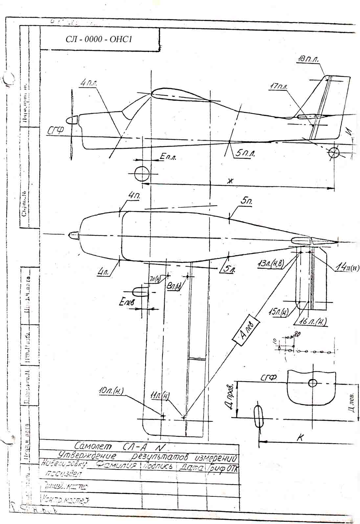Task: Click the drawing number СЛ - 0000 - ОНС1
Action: point(99,39)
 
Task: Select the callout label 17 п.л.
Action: point(279,87)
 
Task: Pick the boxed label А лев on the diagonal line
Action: point(246,333)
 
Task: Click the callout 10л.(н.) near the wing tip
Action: point(111,392)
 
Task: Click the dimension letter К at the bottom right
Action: point(300,437)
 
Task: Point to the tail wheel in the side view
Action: point(334,153)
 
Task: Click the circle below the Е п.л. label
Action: point(142,173)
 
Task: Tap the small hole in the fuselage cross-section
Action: point(312,383)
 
